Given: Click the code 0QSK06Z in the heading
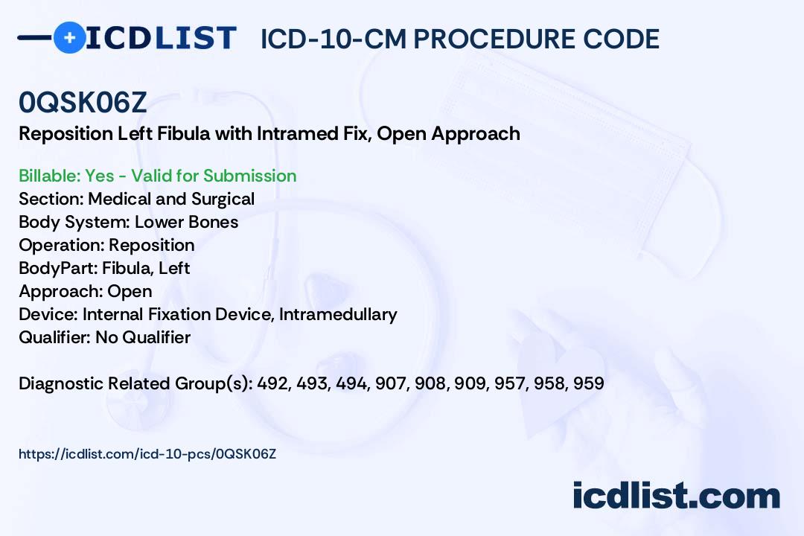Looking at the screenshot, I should [83, 103].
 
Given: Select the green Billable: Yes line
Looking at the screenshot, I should [157, 176].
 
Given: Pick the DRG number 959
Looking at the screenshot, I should [588, 383].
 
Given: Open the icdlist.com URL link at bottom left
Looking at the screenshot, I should [147, 453].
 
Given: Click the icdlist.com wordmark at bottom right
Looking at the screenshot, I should [676, 496].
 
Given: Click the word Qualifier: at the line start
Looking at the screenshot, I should [54, 337].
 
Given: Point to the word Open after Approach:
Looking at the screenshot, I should [130, 291].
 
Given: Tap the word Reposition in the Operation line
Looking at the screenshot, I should [151, 245].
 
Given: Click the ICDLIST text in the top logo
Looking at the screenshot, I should [161, 37].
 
